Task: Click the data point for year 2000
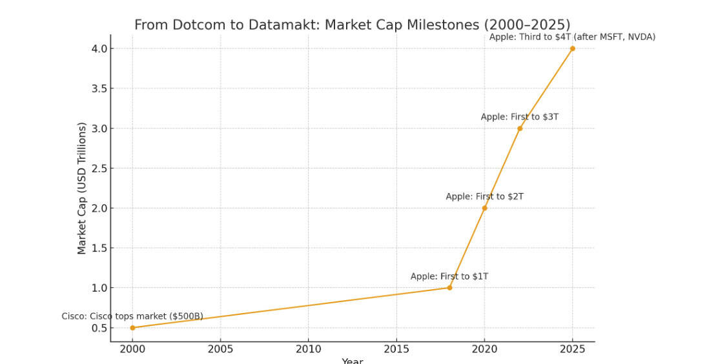(x=132, y=328)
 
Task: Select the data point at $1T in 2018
(x=449, y=288)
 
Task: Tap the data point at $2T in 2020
(x=484, y=208)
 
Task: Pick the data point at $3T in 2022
(x=520, y=128)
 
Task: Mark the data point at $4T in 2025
(x=572, y=48)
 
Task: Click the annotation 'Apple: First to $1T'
(x=449, y=277)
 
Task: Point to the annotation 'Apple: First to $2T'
(x=484, y=197)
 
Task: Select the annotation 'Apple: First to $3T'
(x=519, y=117)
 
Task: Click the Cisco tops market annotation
(x=132, y=316)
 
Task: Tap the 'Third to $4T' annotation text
(x=572, y=37)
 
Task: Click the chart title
(x=352, y=25)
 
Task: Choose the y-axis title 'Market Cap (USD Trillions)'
(x=82, y=188)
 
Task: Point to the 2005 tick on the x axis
(x=220, y=349)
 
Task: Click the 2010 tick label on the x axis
(x=308, y=349)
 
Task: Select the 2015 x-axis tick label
(x=396, y=349)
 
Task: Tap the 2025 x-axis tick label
(x=572, y=349)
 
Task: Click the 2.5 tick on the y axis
(x=99, y=168)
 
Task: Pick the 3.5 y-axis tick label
(x=99, y=88)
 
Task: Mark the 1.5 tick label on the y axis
(x=99, y=248)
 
